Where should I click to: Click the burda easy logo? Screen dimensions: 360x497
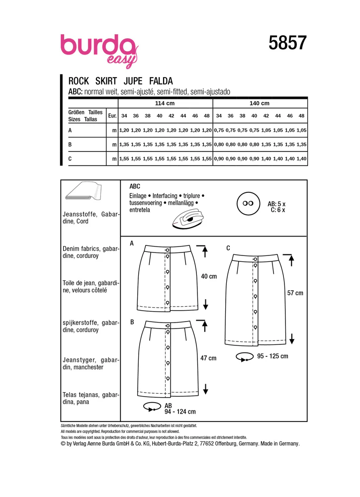[x=99, y=51]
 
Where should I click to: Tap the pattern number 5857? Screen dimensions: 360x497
[x=287, y=43]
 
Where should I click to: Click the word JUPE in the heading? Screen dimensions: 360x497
[x=133, y=81]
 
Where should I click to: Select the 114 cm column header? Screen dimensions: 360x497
[x=165, y=103]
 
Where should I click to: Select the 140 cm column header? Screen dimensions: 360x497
[x=260, y=103]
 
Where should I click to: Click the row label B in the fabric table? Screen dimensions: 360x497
[x=70, y=145]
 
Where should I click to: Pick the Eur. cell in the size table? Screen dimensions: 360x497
[x=112, y=116]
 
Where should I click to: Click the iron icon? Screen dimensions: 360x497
[x=188, y=218]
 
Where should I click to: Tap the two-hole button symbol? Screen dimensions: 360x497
[x=248, y=203]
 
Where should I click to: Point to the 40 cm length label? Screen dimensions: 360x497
[x=209, y=276]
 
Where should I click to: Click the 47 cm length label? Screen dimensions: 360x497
[x=208, y=358]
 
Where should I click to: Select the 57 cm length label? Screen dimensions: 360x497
[x=295, y=293]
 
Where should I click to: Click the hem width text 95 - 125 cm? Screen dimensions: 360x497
[x=273, y=356]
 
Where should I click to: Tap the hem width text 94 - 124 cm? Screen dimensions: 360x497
[x=180, y=412]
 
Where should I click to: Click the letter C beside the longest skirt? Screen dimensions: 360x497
[x=228, y=248]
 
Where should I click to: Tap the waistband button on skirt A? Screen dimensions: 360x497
[x=167, y=250]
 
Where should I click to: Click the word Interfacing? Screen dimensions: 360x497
[x=165, y=196]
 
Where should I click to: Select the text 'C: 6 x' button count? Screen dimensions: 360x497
[x=278, y=210]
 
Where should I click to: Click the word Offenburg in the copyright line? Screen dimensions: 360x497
[x=226, y=444]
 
